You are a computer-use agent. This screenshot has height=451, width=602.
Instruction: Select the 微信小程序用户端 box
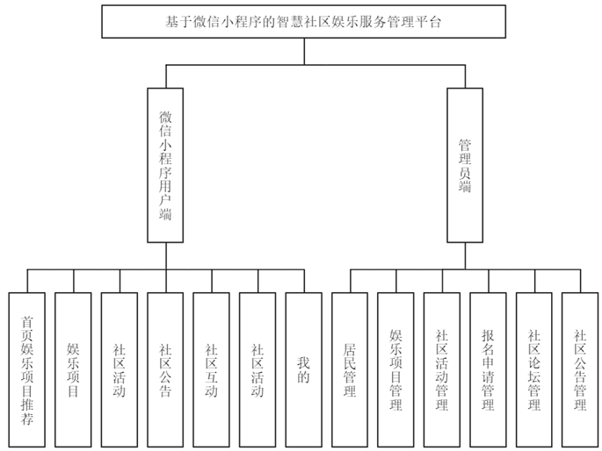click(x=165, y=164)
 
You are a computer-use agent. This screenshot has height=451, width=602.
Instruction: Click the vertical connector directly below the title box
click(x=304, y=51)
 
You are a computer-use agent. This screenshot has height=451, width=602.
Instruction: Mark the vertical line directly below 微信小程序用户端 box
click(x=165, y=255)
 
